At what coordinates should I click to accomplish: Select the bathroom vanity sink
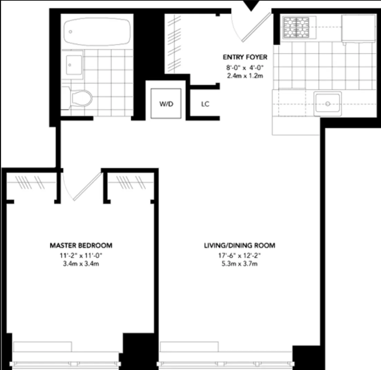click(x=73, y=65)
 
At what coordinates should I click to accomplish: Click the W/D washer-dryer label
click(x=166, y=104)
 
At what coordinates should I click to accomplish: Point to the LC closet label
click(x=205, y=104)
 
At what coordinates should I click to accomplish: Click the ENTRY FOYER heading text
click(x=245, y=57)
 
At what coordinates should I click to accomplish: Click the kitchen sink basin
click(x=327, y=103)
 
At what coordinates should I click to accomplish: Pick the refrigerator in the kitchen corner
click(x=358, y=28)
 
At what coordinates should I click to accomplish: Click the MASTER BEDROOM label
click(x=81, y=246)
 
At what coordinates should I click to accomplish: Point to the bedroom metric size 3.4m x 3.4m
click(x=81, y=264)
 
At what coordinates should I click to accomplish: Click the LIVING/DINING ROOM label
click(x=239, y=246)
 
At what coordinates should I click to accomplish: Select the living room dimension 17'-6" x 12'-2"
click(x=239, y=256)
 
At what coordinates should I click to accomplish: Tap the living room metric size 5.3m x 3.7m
click(x=239, y=264)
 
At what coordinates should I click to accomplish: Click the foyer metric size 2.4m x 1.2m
click(x=245, y=76)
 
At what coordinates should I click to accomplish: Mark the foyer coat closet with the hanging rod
click(x=176, y=43)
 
